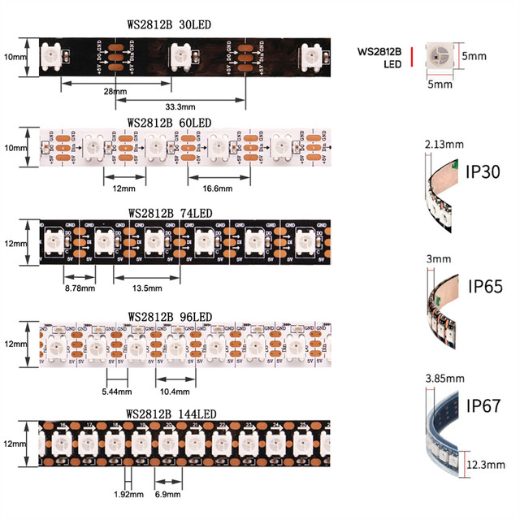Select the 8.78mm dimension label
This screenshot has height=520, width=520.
tap(80, 288)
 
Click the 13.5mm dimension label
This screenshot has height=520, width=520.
tap(147, 288)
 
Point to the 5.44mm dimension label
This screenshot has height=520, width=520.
tap(118, 391)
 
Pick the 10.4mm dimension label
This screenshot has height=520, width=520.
tap(175, 391)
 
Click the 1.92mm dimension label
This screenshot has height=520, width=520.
tap(128, 493)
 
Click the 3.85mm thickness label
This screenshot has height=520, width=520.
tap(444, 378)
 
